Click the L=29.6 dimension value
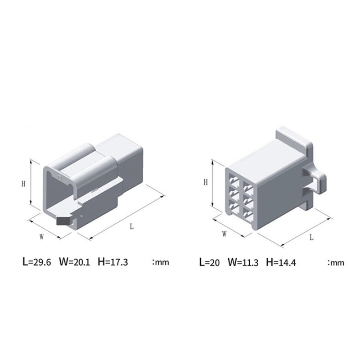point(37,262)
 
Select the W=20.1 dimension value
point(75,262)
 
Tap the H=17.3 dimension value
point(113,262)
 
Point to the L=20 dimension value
point(209,262)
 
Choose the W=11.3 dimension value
point(243,262)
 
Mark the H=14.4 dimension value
point(281,262)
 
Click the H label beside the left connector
point(23,184)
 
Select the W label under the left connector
point(41,237)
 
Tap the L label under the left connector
point(131,227)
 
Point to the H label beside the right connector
point(206,182)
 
